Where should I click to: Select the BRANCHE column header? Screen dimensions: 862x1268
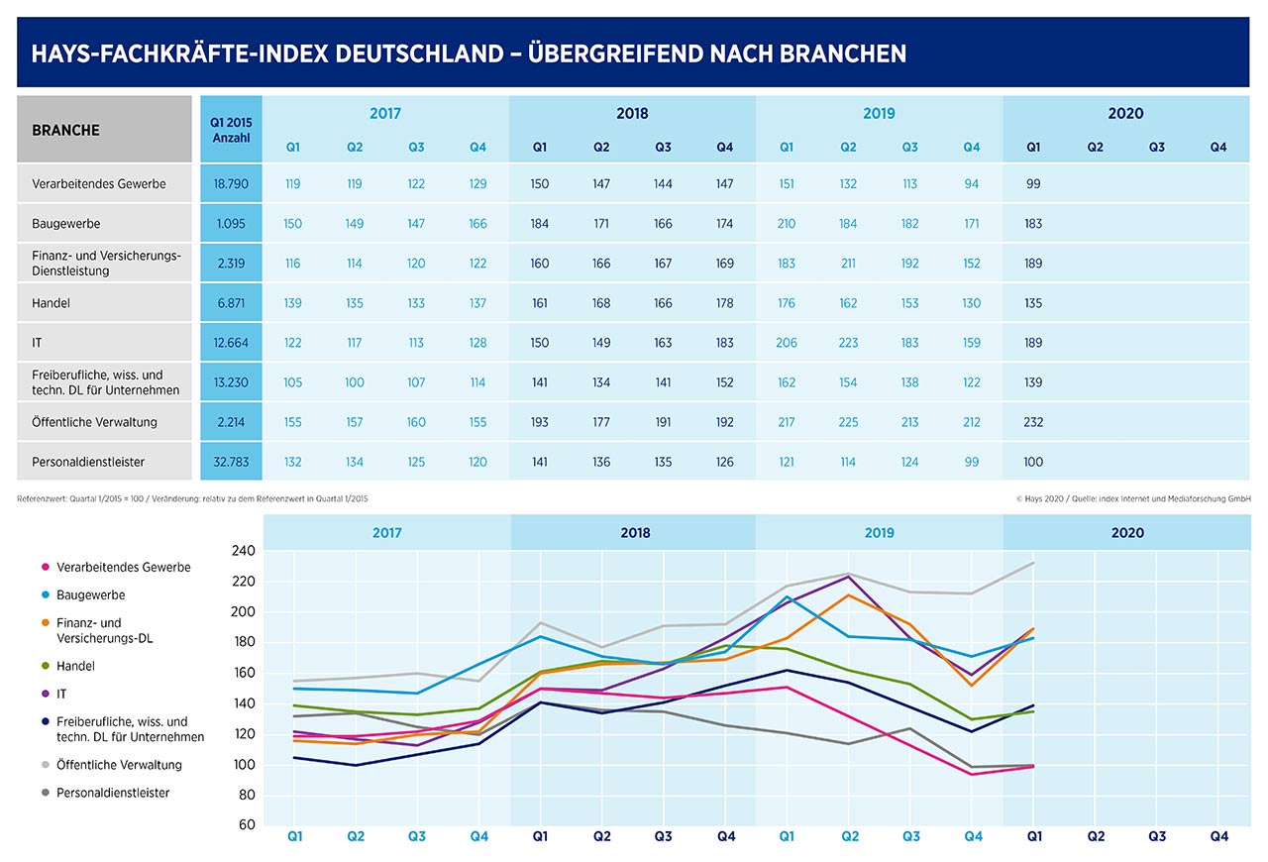point(65,130)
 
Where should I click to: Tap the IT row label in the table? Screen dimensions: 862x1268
point(37,343)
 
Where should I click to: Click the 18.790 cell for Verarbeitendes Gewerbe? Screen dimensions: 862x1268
point(231,184)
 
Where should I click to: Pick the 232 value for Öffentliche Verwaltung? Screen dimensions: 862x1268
point(1033,422)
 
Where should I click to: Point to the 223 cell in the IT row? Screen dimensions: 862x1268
point(848,343)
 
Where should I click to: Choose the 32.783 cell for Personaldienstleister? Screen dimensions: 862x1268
point(231,462)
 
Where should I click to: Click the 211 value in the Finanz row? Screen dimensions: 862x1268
point(848,264)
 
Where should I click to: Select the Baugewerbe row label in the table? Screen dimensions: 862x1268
point(65,224)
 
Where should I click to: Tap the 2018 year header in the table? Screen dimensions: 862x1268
point(632,113)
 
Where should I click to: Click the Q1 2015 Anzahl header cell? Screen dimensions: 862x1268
point(231,130)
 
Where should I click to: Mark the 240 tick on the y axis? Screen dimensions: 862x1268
point(244,551)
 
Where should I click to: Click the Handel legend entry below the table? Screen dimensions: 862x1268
point(76,667)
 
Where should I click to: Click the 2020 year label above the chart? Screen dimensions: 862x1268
point(1127,533)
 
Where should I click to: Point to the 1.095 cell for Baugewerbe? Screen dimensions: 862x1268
point(231,224)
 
